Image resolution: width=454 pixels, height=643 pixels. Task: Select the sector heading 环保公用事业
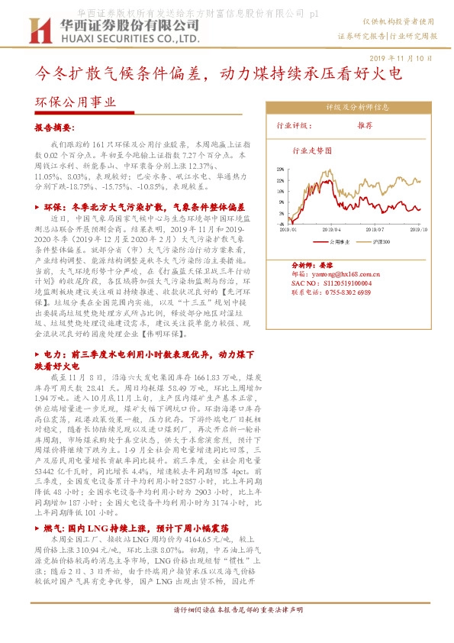pyautogui.click(x=76, y=102)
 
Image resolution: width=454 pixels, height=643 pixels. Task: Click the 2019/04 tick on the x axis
pyautogui.click(x=331, y=228)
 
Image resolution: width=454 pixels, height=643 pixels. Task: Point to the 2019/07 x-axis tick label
pyautogui.click(x=375, y=228)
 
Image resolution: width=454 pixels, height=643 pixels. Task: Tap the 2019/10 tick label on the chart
pyautogui.click(x=417, y=228)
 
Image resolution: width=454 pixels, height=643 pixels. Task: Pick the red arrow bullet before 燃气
pyautogui.click(x=39, y=528)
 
